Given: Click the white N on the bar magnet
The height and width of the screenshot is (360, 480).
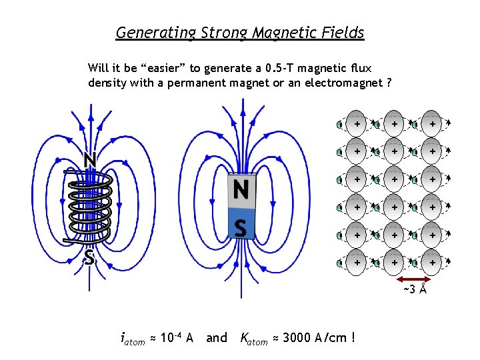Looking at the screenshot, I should (x=241, y=191).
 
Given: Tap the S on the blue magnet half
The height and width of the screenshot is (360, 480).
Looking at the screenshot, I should (x=241, y=228).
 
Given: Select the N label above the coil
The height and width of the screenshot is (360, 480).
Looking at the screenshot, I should (x=89, y=160).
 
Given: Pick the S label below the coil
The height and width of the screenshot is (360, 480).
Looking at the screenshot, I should (x=89, y=257).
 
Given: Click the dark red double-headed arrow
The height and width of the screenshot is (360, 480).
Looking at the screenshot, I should (x=415, y=279).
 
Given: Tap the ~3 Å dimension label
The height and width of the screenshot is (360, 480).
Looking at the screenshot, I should (x=415, y=289).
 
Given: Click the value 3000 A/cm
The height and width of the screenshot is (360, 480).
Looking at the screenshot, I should (x=309, y=338).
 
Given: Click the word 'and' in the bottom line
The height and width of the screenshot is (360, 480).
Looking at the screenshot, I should (x=217, y=338).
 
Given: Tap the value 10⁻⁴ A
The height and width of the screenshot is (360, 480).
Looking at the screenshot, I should (x=176, y=338).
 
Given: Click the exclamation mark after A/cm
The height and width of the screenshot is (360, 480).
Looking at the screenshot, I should (x=352, y=337).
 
